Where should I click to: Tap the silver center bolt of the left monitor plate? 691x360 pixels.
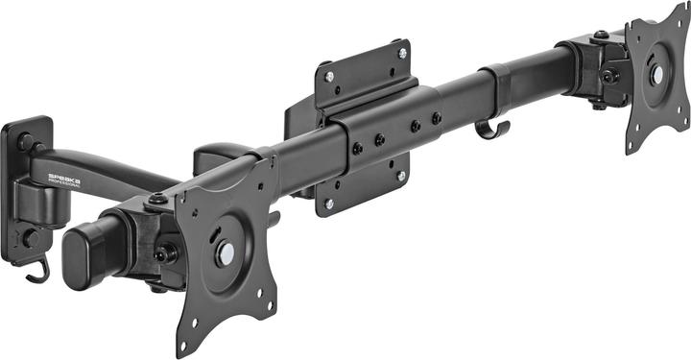pyautogui.click(x=225, y=252)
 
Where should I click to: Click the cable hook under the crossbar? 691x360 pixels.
pyautogui.click(x=492, y=130)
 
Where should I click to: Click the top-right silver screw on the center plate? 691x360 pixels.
pyautogui.click(x=402, y=53)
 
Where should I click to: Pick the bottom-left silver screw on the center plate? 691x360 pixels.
pyautogui.click(x=329, y=204)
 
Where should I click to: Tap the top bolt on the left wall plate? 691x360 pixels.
pyautogui.click(x=24, y=141)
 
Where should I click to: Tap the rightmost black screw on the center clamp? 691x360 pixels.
pyautogui.click(x=437, y=119)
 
